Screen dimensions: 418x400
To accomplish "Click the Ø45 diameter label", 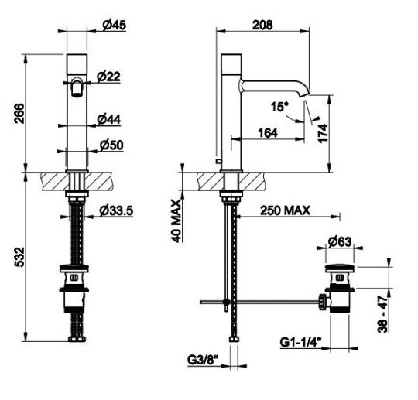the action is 114,26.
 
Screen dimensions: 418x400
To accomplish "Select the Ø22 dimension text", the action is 108,77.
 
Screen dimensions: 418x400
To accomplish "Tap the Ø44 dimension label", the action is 109,119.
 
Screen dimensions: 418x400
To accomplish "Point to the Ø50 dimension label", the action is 111,145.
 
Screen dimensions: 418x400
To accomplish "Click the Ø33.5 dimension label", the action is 116,210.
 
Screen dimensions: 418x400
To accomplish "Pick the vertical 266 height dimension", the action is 19,113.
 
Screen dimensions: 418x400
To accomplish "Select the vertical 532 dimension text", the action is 19,257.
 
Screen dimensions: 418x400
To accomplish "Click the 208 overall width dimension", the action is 262,25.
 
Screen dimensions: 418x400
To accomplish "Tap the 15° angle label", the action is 279,107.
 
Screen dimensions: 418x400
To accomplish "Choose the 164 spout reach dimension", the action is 268,133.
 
